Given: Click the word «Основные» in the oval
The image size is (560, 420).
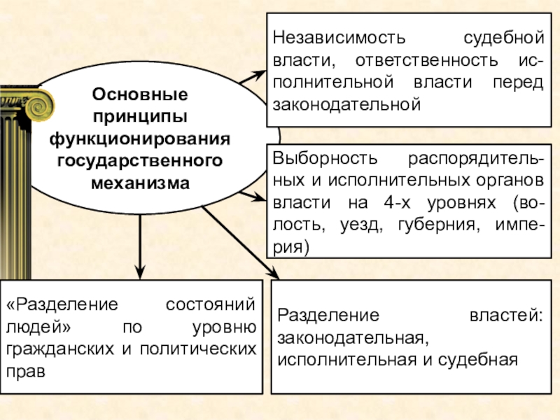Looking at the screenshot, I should [x=140, y=93].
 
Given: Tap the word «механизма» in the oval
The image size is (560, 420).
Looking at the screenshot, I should [x=140, y=183].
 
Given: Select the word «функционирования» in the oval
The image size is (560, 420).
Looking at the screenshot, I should [x=140, y=139].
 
